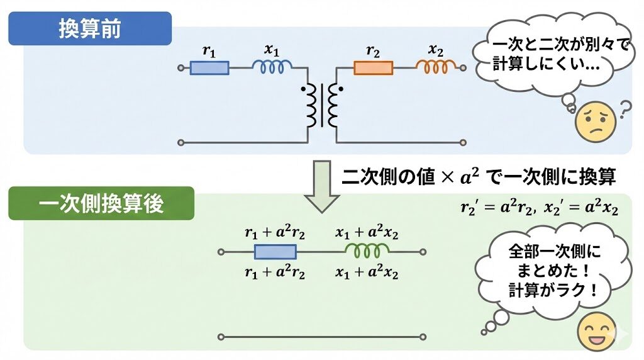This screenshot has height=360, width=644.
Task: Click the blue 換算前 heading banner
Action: pyautogui.click(x=90, y=29)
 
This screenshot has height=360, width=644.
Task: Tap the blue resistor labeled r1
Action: pyautogui.click(x=209, y=67)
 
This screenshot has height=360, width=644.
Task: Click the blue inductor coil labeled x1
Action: pyautogui.click(x=272, y=67)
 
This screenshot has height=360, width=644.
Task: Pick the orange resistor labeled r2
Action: pyautogui.click(x=373, y=67)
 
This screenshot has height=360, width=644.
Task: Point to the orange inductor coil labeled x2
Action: pyautogui.click(x=436, y=66)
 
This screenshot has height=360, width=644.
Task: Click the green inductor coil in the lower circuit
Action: pyautogui.click(x=367, y=252)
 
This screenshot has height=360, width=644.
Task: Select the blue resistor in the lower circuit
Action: pyautogui.click(x=275, y=252)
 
